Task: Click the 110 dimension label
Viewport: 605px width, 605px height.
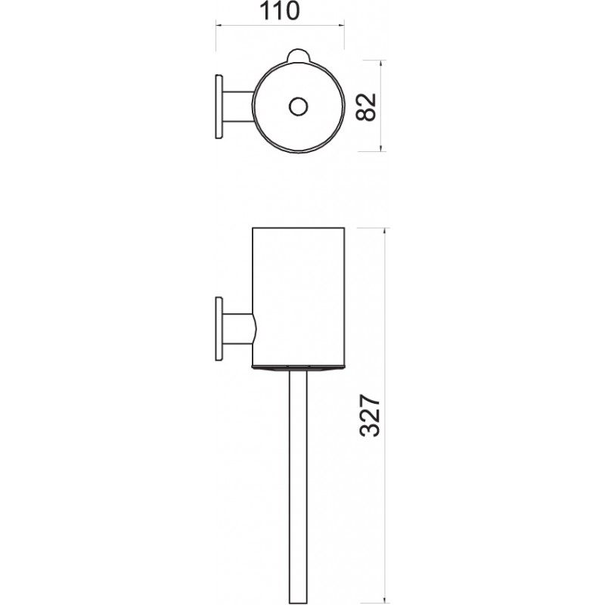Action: [x=280, y=11]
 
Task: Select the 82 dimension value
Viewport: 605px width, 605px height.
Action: [x=365, y=107]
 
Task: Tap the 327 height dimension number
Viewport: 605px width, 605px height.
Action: [x=370, y=415]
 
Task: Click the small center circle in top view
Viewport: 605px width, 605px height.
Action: [x=298, y=107]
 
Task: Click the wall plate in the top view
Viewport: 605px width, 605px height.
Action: [x=219, y=107]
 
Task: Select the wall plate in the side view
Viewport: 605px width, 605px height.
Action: [x=219, y=329]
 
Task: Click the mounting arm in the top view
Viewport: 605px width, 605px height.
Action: [x=238, y=107]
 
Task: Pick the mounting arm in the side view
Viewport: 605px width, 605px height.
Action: [x=239, y=329]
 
